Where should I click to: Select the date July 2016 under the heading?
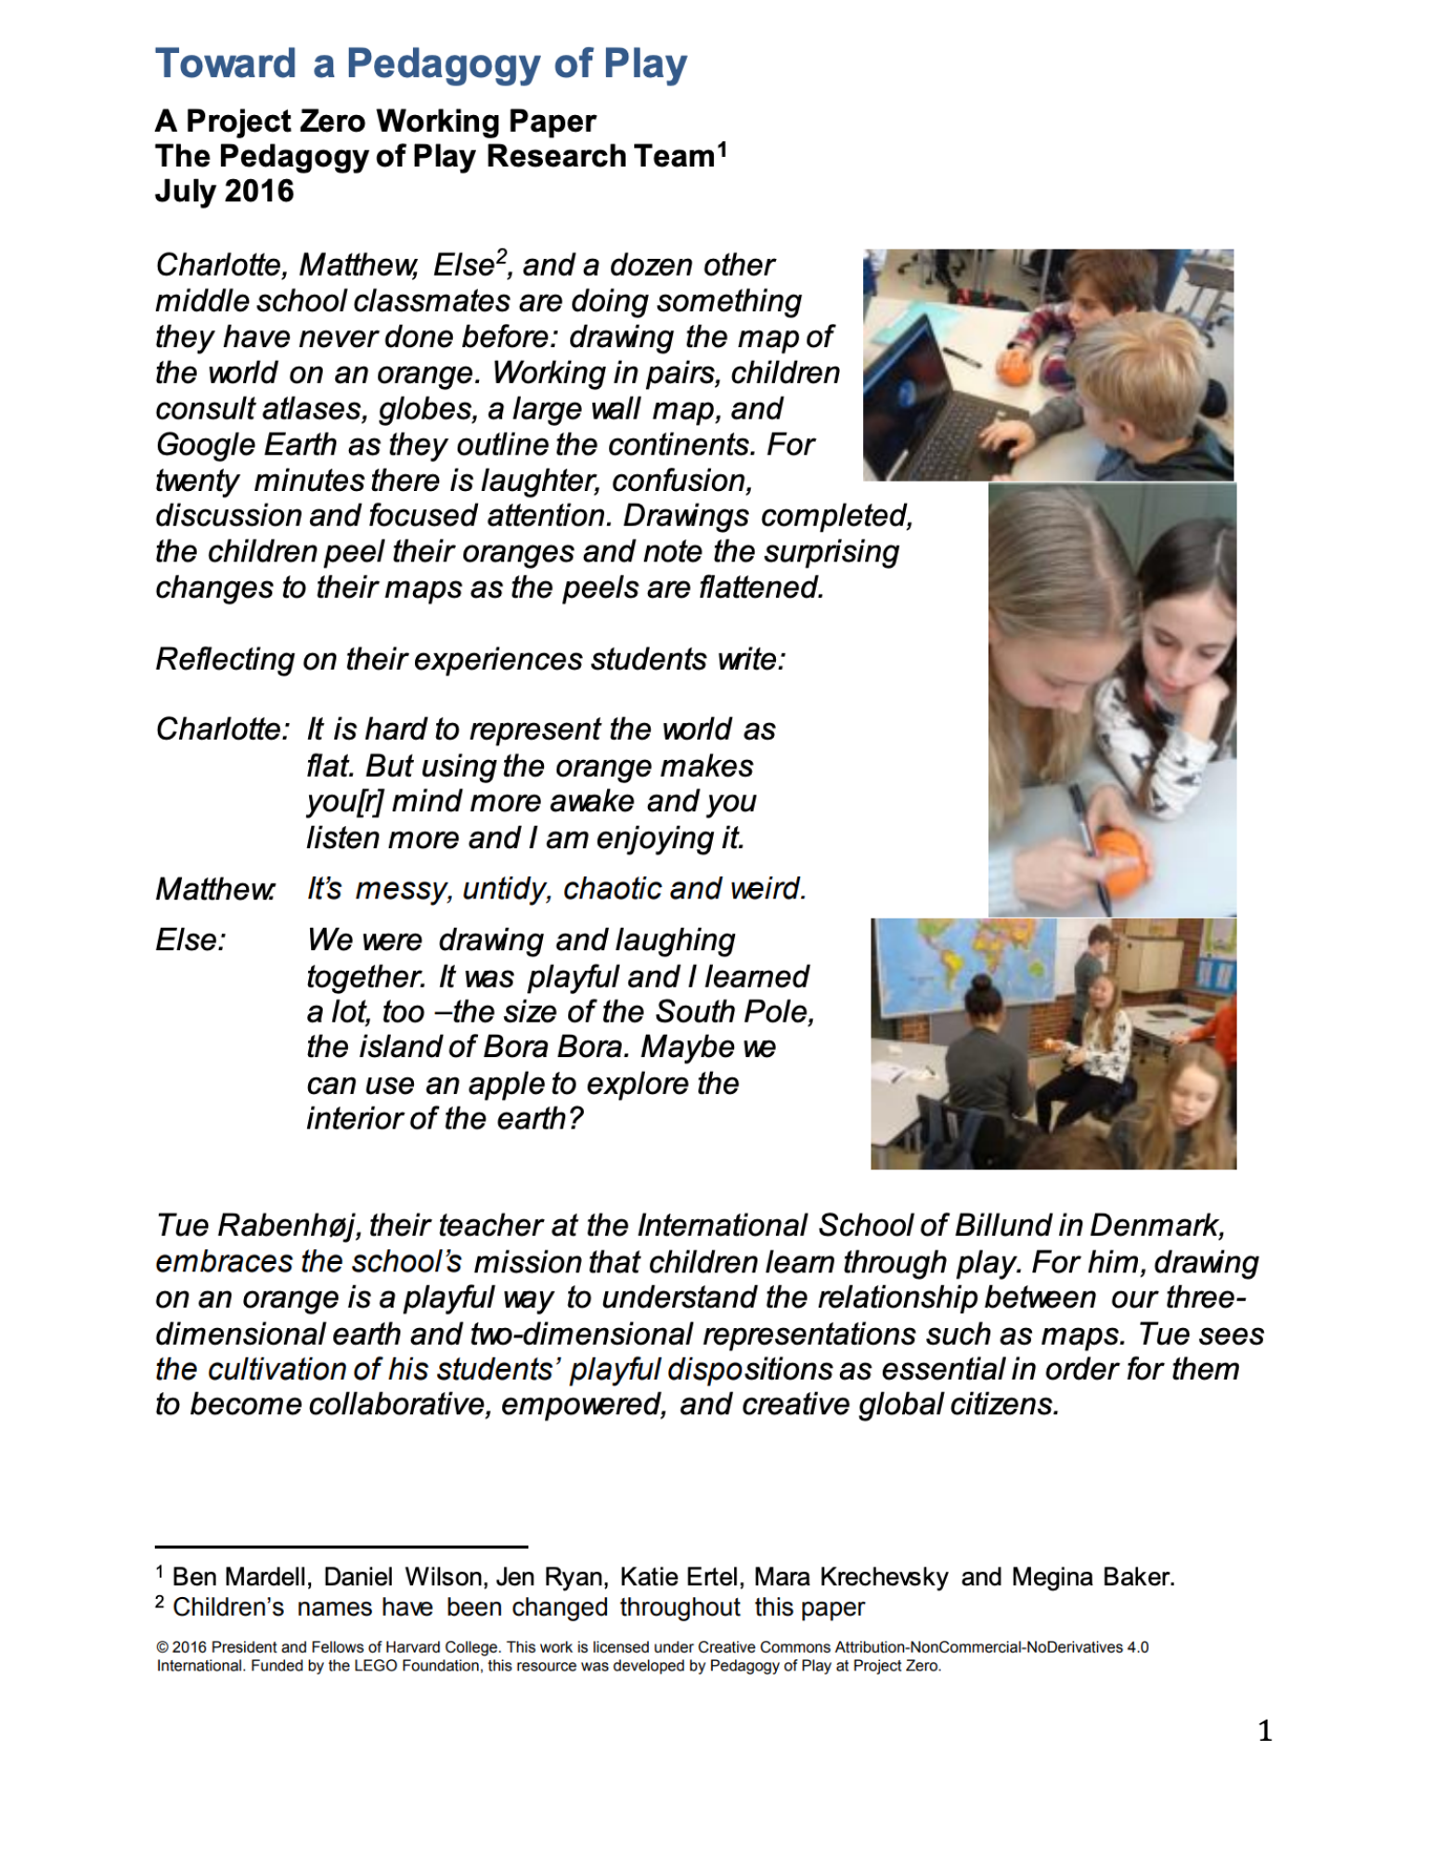tap(224, 191)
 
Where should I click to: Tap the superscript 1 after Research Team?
tap(722, 148)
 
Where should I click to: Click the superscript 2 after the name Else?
tap(501, 257)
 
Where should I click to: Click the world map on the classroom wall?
tap(965, 965)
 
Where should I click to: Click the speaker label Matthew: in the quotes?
tap(215, 889)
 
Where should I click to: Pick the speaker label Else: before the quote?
tap(190, 940)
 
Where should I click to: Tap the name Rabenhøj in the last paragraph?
tap(287, 1226)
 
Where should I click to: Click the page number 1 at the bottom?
tap(1264, 1731)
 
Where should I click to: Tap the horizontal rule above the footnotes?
tap(341, 1547)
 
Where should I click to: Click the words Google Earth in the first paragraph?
tap(246, 445)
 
